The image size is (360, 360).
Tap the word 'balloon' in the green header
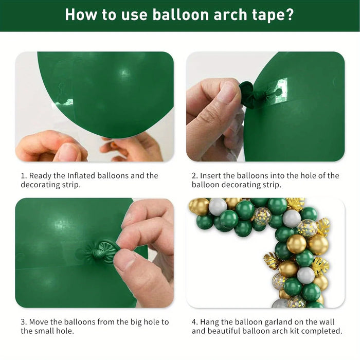[x=181, y=14]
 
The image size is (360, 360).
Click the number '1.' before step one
[x=24, y=176]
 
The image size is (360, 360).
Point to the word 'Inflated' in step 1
[x=81, y=176]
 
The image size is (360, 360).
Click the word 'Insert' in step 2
[x=210, y=176]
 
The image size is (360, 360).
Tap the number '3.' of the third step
[x=24, y=322]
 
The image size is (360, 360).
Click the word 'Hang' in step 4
[x=209, y=322]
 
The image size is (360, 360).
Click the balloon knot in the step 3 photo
[x=101, y=252]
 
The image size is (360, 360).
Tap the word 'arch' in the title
[x=230, y=14]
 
